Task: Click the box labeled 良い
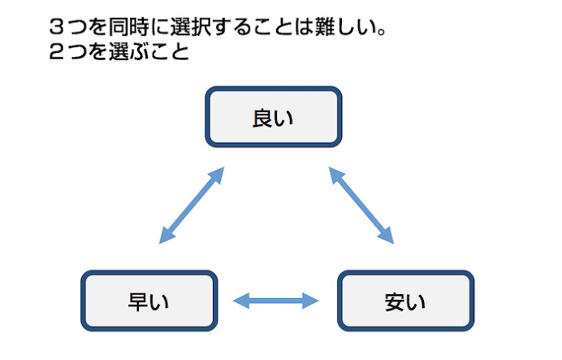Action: pyautogui.click(x=273, y=118)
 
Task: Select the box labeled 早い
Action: pyautogui.click(x=149, y=301)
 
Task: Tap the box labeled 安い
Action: pyautogui.click(x=404, y=301)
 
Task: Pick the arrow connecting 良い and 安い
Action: pyautogui.click(x=361, y=205)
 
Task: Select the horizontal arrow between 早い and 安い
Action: pyautogui.click(x=276, y=301)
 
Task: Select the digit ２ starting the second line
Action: pyautogui.click(x=57, y=54)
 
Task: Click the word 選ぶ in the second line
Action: pyautogui.click(x=117, y=54)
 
